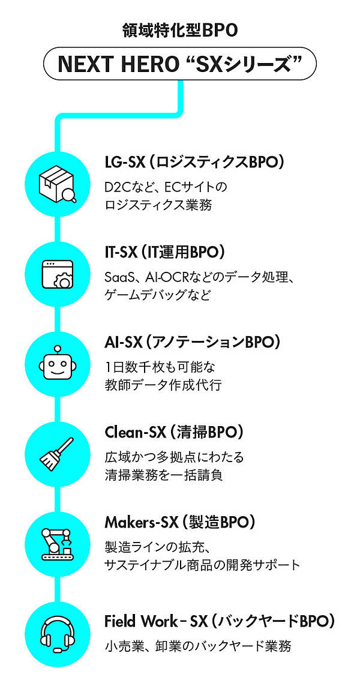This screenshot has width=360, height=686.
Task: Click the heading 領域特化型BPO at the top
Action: [179, 30]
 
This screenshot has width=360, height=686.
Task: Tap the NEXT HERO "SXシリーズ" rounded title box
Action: [179, 65]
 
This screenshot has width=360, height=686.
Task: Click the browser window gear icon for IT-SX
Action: [58, 274]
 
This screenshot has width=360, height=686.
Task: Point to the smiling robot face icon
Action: [58, 364]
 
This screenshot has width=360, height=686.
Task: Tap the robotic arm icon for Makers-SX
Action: [58, 544]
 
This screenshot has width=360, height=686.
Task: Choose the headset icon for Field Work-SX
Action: [58, 634]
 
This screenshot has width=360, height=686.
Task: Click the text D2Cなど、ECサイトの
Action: [166, 187]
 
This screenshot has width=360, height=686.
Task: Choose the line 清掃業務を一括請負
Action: [163, 475]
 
